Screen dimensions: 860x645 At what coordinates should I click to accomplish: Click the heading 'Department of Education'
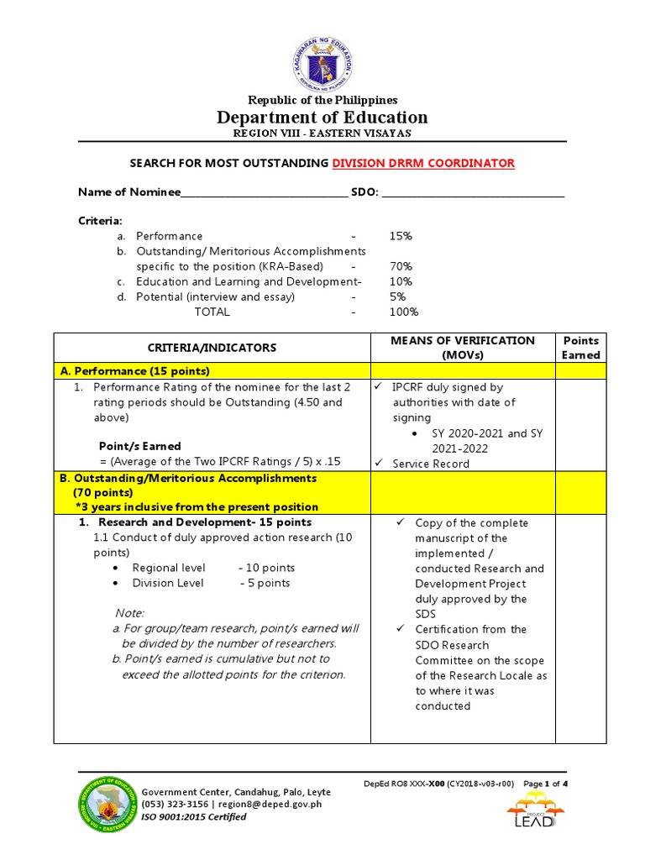click(x=322, y=118)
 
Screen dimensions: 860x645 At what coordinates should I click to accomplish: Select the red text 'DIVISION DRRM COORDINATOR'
click(x=423, y=163)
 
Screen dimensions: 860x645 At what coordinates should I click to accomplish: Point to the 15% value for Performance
click(x=401, y=237)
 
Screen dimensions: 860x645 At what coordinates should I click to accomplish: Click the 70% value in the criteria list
click(x=401, y=267)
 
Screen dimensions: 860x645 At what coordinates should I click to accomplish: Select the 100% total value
click(x=403, y=312)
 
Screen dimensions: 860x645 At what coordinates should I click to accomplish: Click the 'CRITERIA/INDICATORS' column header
click(x=212, y=348)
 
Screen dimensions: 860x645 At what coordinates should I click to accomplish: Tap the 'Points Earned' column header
click(x=581, y=348)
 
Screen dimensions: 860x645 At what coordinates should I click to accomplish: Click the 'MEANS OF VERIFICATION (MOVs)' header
click(x=462, y=348)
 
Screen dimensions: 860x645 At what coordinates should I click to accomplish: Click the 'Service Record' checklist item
click(x=431, y=464)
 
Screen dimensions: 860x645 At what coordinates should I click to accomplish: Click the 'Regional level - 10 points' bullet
click(x=213, y=569)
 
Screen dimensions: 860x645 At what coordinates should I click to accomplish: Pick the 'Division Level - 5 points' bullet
click(x=211, y=584)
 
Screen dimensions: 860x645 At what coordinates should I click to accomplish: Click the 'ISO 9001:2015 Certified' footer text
click(x=194, y=817)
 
